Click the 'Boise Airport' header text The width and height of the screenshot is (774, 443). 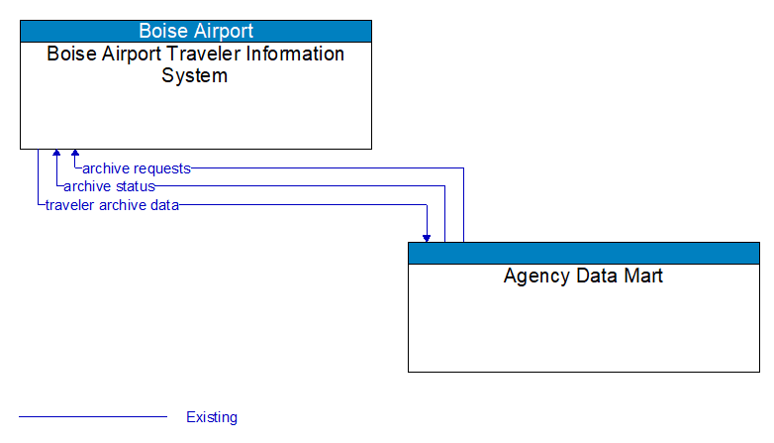pyautogui.click(x=195, y=31)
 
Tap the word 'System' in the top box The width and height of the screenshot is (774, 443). pyautogui.click(x=195, y=76)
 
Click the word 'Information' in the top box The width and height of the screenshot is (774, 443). pyautogui.click(x=291, y=55)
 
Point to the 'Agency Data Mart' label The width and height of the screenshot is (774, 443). pyautogui.click(x=583, y=277)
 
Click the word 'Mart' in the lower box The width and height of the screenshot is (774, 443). pyautogui.click(x=642, y=277)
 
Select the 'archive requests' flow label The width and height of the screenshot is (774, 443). pyautogui.click(x=137, y=168)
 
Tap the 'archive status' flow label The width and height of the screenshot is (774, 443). pyautogui.click(x=109, y=186)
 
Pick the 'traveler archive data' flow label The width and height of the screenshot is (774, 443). pyautogui.click(x=112, y=205)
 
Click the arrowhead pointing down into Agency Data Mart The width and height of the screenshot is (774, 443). pyautogui.click(x=427, y=237)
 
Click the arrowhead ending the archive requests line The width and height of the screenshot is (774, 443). pyautogui.click(x=74, y=155)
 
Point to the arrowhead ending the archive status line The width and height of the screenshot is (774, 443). pyautogui.click(x=56, y=155)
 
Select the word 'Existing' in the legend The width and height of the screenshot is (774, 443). pyautogui.click(x=212, y=417)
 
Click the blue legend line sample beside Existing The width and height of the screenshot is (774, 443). pyautogui.click(x=93, y=417)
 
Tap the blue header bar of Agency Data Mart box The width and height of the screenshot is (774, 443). pyautogui.click(x=583, y=253)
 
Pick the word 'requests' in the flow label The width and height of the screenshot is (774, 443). pyautogui.click(x=162, y=168)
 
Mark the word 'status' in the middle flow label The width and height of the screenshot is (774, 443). pyautogui.click(x=135, y=186)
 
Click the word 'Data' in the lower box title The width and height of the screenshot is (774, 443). pyautogui.click(x=593, y=277)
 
